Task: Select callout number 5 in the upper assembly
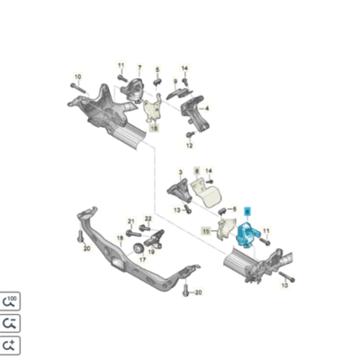click(x=157, y=68)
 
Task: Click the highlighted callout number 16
click(x=154, y=129)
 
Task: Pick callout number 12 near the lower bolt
click(x=191, y=144)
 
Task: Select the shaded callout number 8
click(x=196, y=169)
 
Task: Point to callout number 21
click(x=130, y=220)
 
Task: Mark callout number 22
click(x=148, y=220)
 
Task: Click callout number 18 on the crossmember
click(x=117, y=238)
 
